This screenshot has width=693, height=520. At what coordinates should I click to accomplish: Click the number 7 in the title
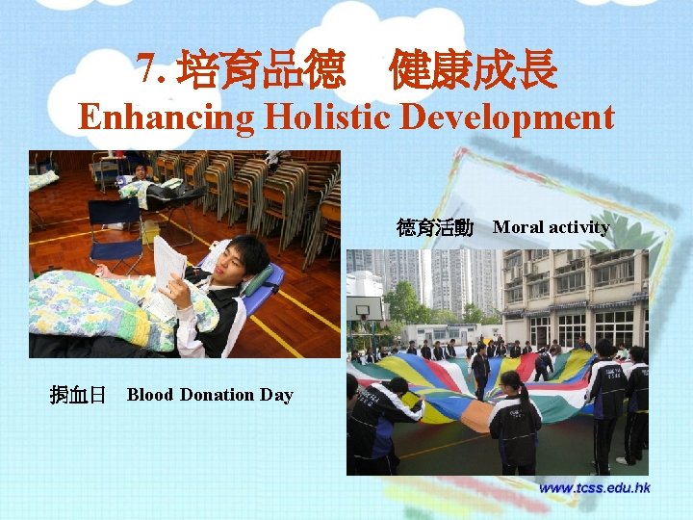pyautogui.click(x=145, y=68)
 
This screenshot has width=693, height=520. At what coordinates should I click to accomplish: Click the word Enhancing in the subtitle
pyautogui.click(x=166, y=117)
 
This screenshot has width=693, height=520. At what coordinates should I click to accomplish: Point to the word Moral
pyautogui.click(x=517, y=227)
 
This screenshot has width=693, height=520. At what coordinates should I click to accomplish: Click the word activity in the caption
pyautogui.click(x=577, y=227)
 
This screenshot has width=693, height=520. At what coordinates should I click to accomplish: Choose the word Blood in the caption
pyautogui.click(x=149, y=394)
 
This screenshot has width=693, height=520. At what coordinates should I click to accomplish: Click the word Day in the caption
pyautogui.click(x=276, y=394)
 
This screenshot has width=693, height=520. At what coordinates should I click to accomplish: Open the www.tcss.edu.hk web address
pyautogui.click(x=594, y=488)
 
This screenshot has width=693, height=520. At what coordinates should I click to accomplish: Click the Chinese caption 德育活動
pyautogui.click(x=435, y=227)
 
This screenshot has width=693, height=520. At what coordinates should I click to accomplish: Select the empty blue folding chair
pyautogui.click(x=115, y=231)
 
